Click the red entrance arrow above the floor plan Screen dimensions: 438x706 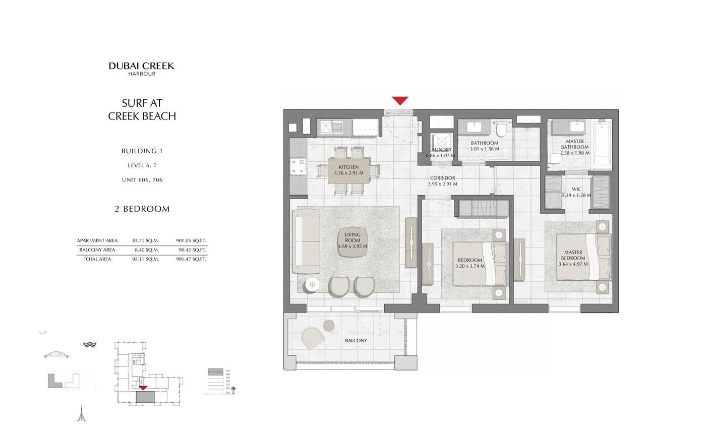[x=400, y=101]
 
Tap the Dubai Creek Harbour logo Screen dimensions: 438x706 [x=142, y=69]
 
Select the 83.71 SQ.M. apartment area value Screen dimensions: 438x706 [x=145, y=241]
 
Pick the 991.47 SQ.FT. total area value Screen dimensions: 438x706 [x=191, y=259]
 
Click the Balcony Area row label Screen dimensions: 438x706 [x=97, y=250]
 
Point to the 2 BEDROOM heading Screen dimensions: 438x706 [x=142, y=209]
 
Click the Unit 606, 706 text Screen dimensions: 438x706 [x=142, y=180]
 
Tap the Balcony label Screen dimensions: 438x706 [x=356, y=341]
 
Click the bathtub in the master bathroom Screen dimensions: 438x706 [x=602, y=143]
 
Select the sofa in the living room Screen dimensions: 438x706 [x=306, y=242]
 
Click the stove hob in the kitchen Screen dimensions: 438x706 [x=298, y=166]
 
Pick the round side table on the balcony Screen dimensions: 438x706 [x=329, y=325]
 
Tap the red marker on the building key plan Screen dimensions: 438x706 [x=143, y=388]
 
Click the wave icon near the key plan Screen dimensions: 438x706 [x=90, y=345]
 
